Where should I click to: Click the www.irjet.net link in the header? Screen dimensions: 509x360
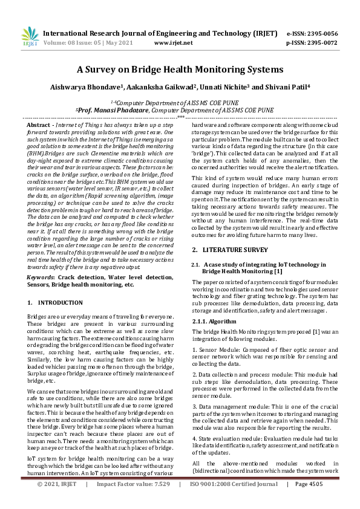point(174,43)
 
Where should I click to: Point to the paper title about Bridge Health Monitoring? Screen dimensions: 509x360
point(180,70)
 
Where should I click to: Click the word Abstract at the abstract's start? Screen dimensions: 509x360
point(42,124)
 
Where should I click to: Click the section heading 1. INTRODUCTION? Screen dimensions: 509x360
point(56,302)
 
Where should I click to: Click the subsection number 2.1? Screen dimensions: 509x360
point(195,264)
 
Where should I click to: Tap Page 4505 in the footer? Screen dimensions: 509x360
point(309,501)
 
